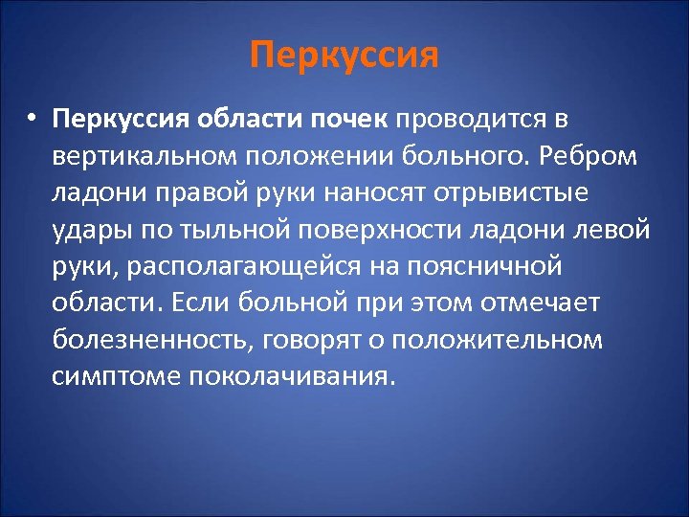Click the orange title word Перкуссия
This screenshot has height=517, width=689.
point(344,56)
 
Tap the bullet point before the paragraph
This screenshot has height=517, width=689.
point(32,122)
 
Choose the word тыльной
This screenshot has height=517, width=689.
point(214,231)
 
